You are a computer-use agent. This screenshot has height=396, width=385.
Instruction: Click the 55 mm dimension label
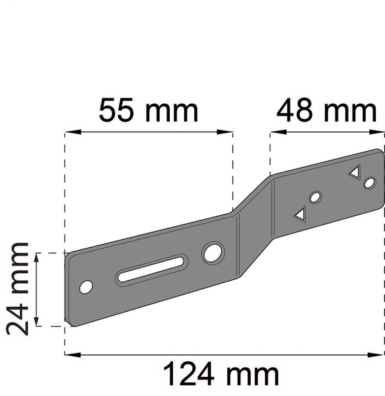tap(149, 111)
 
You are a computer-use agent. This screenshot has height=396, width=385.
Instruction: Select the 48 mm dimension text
tap(327, 111)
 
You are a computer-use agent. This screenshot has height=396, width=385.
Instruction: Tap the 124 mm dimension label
tap(221, 374)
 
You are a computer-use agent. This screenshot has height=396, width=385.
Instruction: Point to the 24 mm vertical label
tap(17, 288)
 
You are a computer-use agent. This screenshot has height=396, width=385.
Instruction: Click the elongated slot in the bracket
tap(151, 269)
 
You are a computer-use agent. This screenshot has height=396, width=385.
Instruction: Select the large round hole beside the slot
tap(213, 253)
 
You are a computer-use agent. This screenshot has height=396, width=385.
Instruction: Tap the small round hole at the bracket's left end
tap(86, 287)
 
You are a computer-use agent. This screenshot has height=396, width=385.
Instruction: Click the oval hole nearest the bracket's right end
tap(370, 183)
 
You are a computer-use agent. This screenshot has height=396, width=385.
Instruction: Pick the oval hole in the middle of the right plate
tap(315, 197)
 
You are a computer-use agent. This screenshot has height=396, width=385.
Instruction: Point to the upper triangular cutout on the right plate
tap(355, 172)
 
